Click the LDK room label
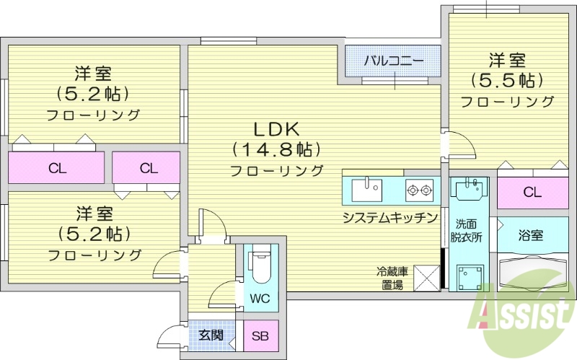[x=276, y=129]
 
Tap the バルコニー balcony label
[x=392, y=60]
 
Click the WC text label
[x=260, y=297]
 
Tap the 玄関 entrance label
[x=211, y=335]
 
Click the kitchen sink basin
[x=366, y=190]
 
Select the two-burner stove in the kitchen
[x=418, y=190]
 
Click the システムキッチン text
[x=390, y=217]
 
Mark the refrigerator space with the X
[x=426, y=278]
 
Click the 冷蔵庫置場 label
[x=392, y=278]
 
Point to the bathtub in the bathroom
[x=534, y=273]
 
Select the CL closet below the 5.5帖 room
[x=532, y=193]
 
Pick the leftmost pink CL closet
[x=57, y=169]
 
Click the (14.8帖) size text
[x=276, y=149]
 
